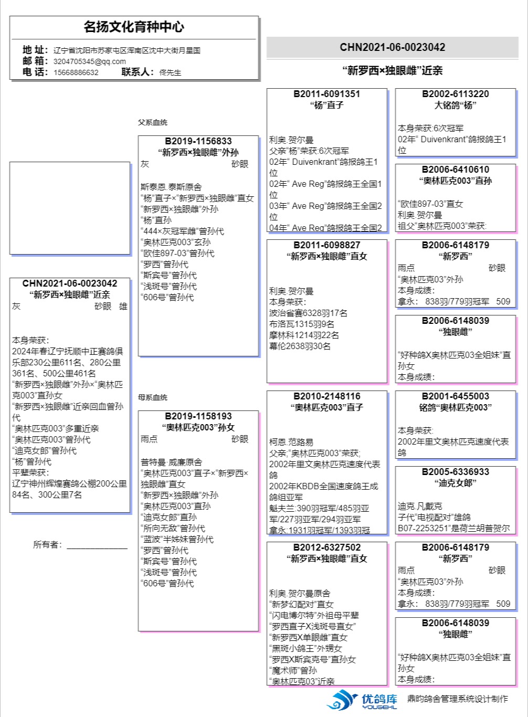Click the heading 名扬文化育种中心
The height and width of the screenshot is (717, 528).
[134, 27]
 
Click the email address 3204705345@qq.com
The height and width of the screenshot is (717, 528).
[89, 61]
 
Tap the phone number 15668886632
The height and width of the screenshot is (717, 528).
[76, 72]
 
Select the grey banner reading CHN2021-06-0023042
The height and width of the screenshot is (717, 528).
[392, 47]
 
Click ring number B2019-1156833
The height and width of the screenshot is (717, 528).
[198, 141]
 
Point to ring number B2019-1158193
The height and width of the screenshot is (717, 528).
[198, 416]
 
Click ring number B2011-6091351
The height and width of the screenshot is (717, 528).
[326, 94]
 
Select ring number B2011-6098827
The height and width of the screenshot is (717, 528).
[326, 245]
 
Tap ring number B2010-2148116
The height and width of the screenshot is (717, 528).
[326, 396]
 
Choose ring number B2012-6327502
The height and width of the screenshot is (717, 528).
[326, 547]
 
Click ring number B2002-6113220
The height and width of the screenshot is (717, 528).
[455, 94]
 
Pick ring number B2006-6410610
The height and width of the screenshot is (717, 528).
[455, 170]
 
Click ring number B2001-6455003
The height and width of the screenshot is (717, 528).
[455, 396]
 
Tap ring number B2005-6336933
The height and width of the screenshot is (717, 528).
[455, 472]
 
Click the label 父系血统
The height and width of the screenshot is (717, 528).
[152, 122]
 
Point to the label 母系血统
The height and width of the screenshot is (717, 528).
[152, 397]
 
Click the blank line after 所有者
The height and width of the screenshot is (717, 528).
[97, 546]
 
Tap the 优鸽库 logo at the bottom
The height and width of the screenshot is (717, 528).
[362, 700]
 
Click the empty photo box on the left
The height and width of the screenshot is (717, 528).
[69, 208]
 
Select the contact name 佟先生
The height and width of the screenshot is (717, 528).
[170, 72]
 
